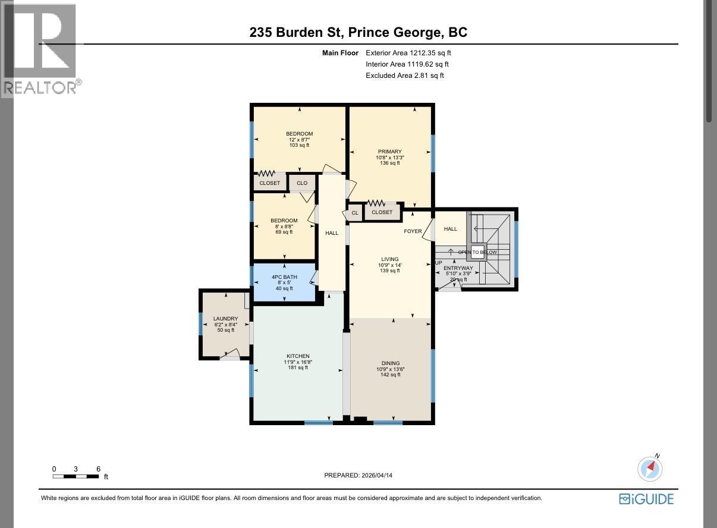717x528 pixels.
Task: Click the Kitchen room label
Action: coord(297,356)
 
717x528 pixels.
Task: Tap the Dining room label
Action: coord(390,363)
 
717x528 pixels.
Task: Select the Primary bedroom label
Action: coord(390,152)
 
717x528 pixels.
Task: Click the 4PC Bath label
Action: coord(284,277)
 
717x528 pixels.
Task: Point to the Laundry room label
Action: coord(225,319)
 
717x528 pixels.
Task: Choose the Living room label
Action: coord(390,259)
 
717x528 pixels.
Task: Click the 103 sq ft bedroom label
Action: coord(299,134)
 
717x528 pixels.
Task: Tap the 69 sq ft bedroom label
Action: coord(284,221)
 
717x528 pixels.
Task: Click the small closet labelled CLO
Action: coord(302,183)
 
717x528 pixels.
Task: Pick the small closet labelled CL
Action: coord(355,213)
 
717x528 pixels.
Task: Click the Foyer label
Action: coord(413,231)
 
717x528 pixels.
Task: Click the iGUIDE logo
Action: coord(646,499)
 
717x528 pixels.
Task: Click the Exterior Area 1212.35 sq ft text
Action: coord(408,53)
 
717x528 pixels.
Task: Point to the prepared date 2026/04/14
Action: coord(358,475)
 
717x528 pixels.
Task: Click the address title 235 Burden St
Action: coord(358,32)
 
